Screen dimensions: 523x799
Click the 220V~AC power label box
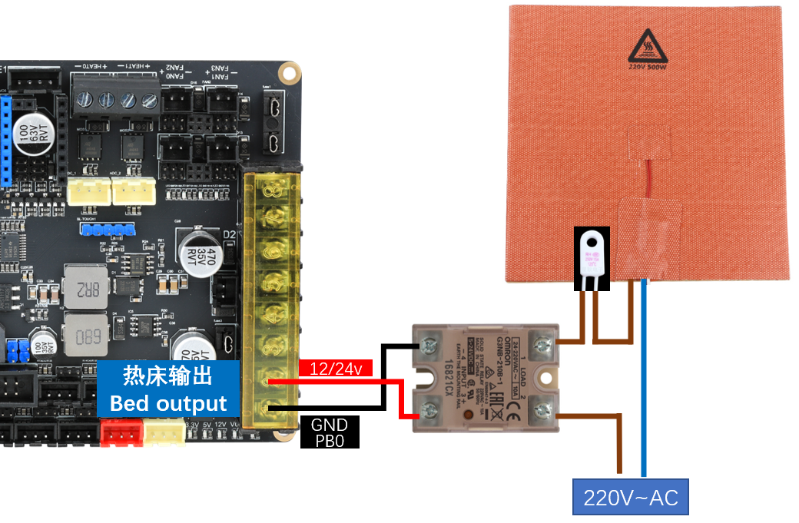631,497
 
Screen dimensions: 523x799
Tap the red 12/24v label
336,369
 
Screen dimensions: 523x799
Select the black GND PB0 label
330,432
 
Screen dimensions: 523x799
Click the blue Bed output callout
168,389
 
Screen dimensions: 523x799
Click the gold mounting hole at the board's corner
289,73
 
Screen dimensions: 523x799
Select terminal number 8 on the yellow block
271,189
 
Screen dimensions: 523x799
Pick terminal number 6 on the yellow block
271,251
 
